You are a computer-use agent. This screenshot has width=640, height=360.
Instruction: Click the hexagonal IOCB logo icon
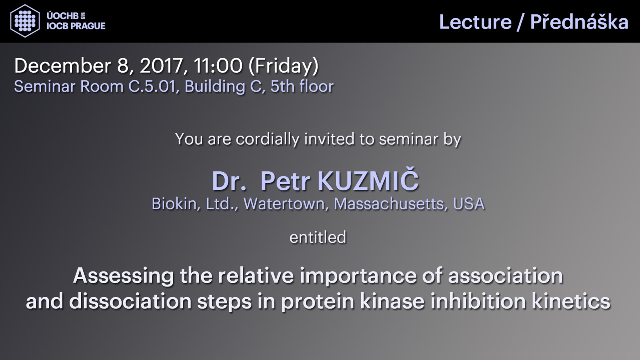click(25, 21)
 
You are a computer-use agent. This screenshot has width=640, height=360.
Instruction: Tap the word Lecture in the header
click(476, 22)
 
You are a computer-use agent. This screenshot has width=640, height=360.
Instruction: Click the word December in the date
click(62, 66)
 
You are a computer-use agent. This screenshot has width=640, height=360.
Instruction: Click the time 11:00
click(218, 66)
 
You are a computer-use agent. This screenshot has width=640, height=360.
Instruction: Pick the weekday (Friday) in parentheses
click(284, 66)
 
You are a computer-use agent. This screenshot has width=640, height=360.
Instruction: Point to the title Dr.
click(229, 181)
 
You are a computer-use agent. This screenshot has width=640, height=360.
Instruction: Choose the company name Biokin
click(174, 204)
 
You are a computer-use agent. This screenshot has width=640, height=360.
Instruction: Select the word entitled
click(318, 237)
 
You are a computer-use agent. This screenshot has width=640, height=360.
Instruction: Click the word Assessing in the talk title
click(124, 276)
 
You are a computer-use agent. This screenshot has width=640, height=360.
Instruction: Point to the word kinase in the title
click(392, 301)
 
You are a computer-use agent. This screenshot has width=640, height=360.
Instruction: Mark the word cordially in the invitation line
click(267, 140)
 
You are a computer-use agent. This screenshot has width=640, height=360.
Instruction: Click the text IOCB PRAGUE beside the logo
click(76, 26)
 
